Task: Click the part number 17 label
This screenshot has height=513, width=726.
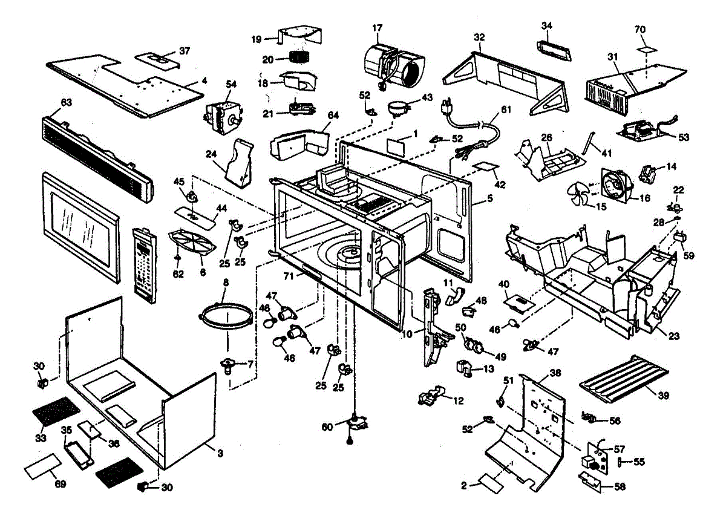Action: click(x=378, y=28)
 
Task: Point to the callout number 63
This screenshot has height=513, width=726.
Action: click(x=66, y=103)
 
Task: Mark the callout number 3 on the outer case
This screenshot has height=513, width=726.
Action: click(x=220, y=453)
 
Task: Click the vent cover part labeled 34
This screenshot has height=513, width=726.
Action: click(x=553, y=48)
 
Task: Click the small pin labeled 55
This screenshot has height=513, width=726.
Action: click(x=621, y=462)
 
